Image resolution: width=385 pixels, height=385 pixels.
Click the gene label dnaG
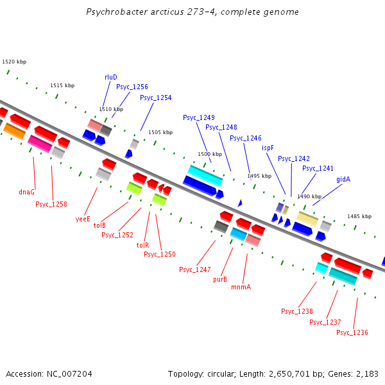(x=27, y=192)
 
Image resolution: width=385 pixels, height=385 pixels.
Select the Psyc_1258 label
(x=51, y=204)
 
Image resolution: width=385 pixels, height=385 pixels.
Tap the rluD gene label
(x=111, y=77)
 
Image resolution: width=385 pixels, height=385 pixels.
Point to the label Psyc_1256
(x=132, y=87)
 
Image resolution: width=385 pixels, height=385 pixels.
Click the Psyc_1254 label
(x=156, y=98)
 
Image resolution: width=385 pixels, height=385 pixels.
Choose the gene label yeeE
(x=82, y=219)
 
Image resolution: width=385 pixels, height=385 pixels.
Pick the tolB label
(x=99, y=225)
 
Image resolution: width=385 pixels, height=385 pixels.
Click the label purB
(x=220, y=279)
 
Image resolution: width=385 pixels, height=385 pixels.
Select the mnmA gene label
(x=241, y=287)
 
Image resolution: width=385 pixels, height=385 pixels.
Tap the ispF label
(x=268, y=148)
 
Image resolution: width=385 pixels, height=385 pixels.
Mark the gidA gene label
(x=343, y=179)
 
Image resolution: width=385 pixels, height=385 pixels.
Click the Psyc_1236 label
(x=352, y=332)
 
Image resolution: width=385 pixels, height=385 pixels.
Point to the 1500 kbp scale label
(x=209, y=154)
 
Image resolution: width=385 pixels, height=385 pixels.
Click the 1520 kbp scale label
(x=14, y=62)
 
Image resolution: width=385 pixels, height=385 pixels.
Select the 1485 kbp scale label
(x=359, y=216)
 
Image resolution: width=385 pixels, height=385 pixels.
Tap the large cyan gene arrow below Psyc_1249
(x=205, y=173)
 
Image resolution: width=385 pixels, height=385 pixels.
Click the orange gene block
(x=14, y=131)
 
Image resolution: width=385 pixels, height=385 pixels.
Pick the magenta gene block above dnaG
(x=39, y=144)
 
